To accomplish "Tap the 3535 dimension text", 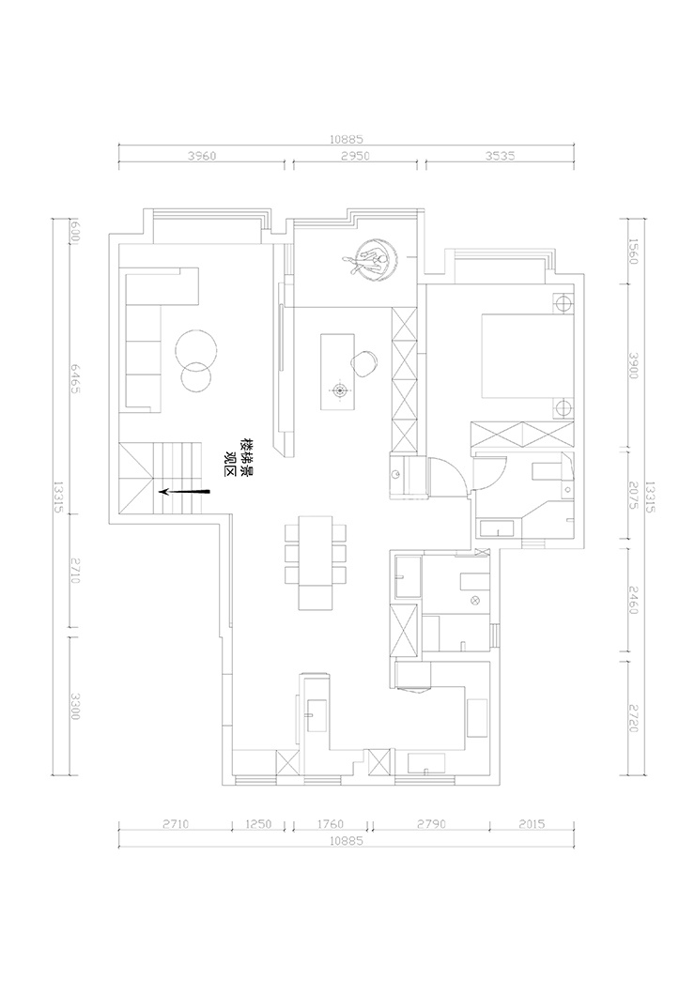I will coord(498,156).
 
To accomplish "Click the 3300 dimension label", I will coord(74,705).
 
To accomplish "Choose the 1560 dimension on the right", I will coord(632,250).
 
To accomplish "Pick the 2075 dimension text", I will coord(632,497).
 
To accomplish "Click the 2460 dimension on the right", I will coord(632,598).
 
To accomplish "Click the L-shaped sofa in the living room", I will coord(150,338).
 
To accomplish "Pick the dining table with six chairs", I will coord(315,561).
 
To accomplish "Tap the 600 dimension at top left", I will coord(74,231).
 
